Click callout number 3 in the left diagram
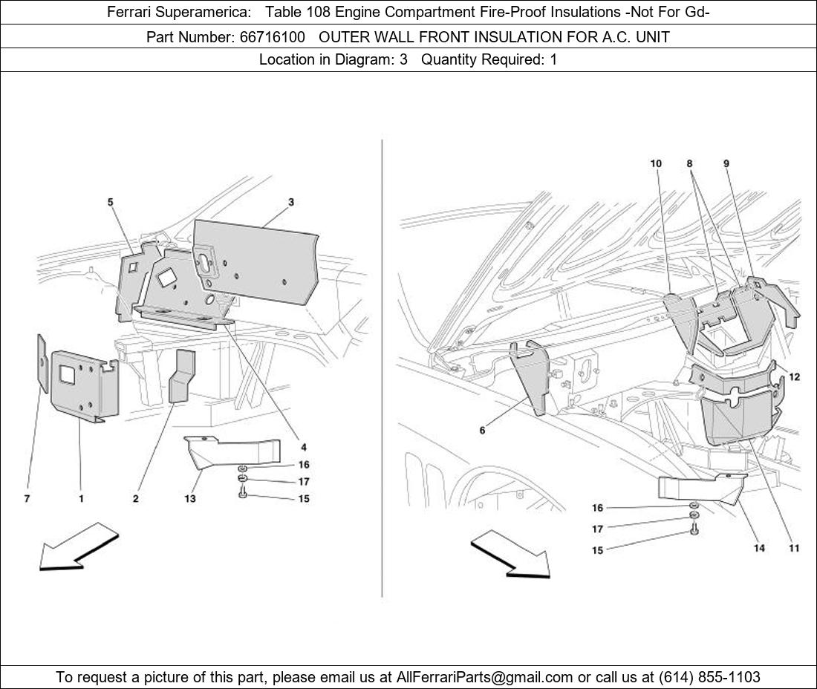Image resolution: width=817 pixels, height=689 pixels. [290, 202]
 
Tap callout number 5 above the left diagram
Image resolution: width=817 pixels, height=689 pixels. [111, 202]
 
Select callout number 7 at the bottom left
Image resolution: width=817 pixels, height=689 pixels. [27, 498]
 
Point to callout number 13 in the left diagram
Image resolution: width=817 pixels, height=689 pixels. [190, 498]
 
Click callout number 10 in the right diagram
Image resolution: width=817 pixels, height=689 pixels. [656, 163]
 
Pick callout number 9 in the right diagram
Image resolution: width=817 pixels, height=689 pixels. [726, 163]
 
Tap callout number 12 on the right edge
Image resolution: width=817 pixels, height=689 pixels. [794, 376]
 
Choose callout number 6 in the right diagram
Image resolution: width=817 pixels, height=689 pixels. [483, 430]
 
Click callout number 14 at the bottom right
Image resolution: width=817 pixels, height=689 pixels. [759, 548]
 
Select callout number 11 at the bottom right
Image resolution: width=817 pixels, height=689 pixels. [793, 548]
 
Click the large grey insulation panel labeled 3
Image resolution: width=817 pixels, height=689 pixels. [256, 261]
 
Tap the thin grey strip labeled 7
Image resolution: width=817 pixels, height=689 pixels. [42, 364]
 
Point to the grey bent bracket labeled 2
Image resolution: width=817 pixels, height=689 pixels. [183, 376]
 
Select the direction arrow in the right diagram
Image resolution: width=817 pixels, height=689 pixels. [511, 554]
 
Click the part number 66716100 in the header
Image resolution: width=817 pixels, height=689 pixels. [273, 37]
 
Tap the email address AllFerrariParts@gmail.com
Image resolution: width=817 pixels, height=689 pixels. [484, 677]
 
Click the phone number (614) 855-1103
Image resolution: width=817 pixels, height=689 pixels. [709, 677]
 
